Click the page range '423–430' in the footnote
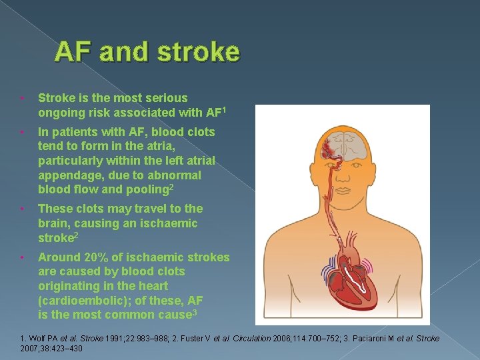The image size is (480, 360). [x=67, y=349]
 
